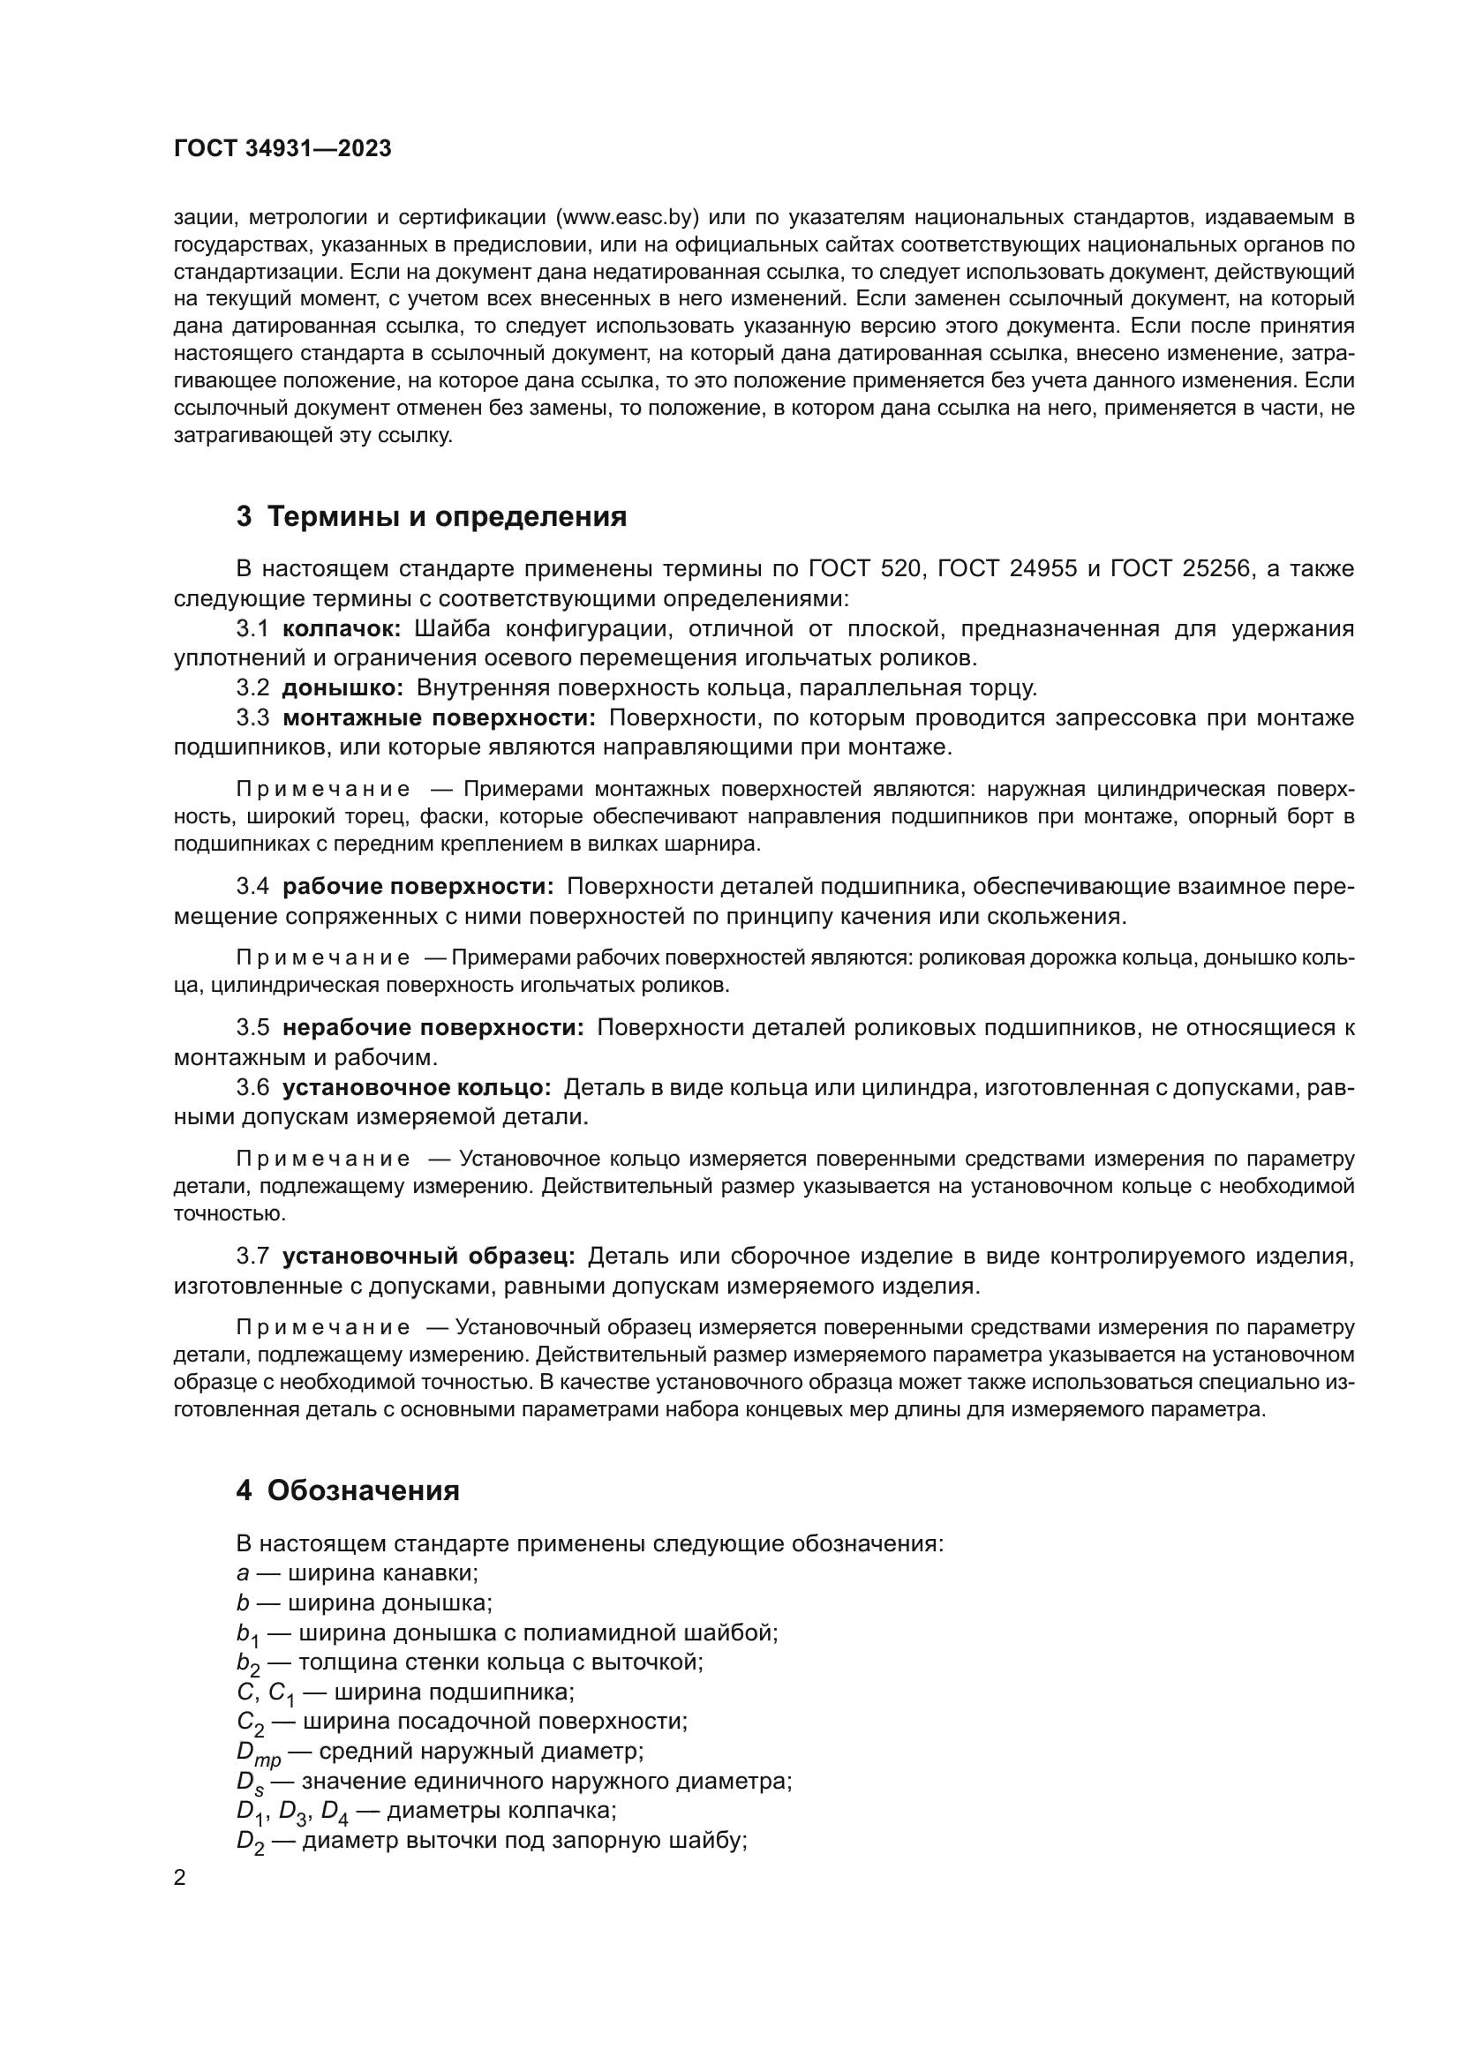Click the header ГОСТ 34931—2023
tap(282, 149)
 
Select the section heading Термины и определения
tap(447, 517)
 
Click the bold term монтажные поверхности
tap(439, 717)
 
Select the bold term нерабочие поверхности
tap(433, 1027)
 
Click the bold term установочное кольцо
tap(417, 1088)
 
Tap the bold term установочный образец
tap(428, 1256)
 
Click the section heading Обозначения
tap(363, 1490)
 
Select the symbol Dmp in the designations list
tap(258, 1753)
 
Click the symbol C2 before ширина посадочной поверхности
tap(250, 1723)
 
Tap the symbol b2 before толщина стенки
tap(248, 1663)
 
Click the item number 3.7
tap(252, 1256)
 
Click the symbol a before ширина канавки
tap(242, 1573)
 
